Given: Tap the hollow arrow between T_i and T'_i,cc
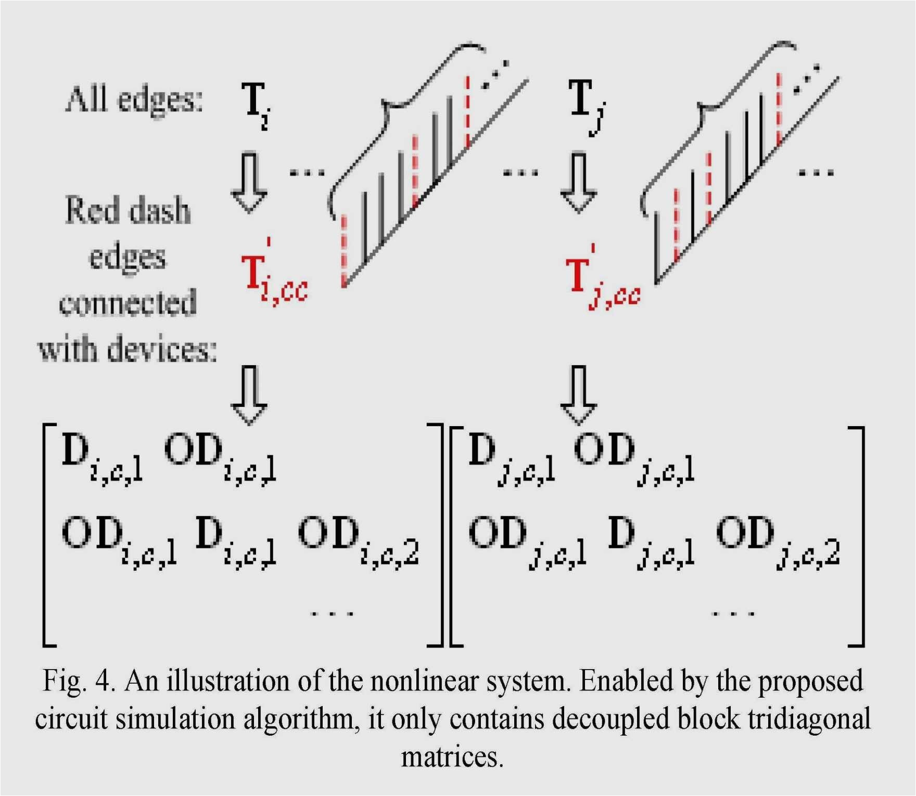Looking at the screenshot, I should (249, 182).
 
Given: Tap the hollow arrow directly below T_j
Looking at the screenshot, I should (579, 182).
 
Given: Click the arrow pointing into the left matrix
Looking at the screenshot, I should (249, 395).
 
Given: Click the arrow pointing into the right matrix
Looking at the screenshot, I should (579, 395).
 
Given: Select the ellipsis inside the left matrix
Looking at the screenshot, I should (332, 613).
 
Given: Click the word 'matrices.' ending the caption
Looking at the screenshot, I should (452, 757).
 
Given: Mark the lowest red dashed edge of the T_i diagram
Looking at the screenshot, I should (344, 250).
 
